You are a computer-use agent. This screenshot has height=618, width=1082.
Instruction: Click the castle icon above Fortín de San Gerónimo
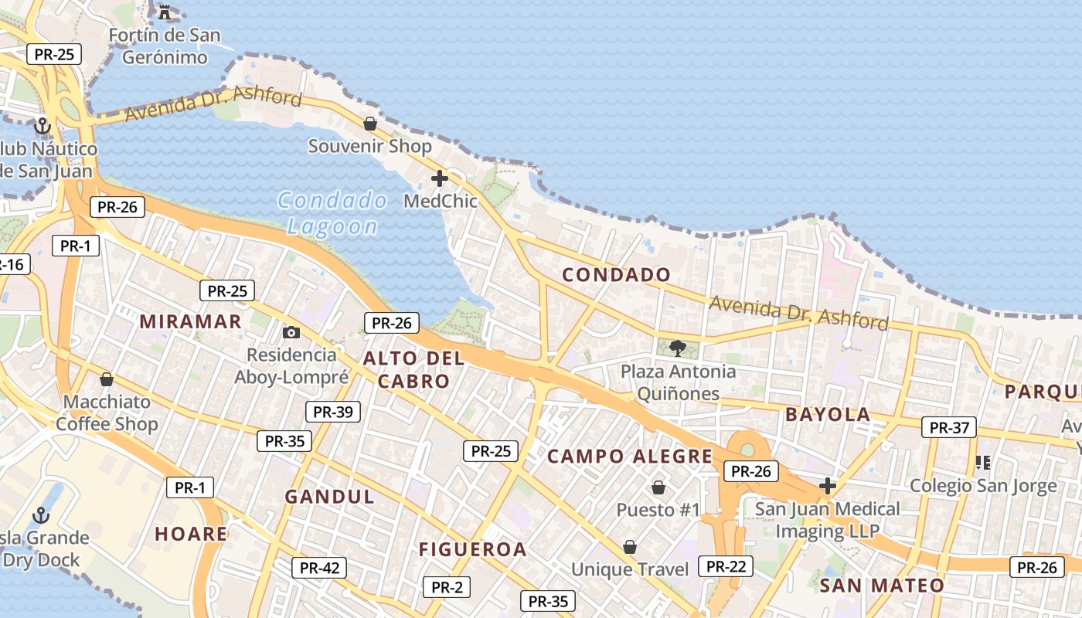point(164,12)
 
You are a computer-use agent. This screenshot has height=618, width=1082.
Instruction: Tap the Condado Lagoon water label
point(332,213)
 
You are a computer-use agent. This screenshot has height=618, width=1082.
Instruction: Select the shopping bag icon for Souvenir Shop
point(370,124)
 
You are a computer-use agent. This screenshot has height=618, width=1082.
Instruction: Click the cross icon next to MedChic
point(440,178)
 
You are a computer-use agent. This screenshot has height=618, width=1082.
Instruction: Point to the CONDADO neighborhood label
point(616,274)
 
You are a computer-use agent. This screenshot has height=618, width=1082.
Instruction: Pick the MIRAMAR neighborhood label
point(190,321)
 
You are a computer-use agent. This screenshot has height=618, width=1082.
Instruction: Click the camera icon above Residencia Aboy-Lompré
point(291,332)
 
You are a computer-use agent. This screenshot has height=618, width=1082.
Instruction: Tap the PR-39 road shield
point(333,412)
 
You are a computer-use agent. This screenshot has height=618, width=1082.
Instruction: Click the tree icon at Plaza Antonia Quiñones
point(678,348)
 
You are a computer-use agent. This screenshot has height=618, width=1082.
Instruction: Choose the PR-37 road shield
point(948,427)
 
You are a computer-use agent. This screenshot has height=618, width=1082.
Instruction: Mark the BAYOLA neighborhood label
point(828,414)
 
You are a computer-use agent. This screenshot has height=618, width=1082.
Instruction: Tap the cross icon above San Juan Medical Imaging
point(828,486)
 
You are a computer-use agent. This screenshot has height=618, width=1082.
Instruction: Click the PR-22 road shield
point(725,566)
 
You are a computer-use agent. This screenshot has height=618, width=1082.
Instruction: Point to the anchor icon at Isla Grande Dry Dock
point(40,515)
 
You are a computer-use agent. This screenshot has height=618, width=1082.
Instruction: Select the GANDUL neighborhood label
point(329,497)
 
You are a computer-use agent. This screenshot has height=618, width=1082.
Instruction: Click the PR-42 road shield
point(319,568)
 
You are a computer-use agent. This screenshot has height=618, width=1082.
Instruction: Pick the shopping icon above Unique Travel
point(630,547)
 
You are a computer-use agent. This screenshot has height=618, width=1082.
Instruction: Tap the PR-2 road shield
point(447,587)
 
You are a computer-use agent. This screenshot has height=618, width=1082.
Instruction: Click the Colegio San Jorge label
point(982,486)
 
